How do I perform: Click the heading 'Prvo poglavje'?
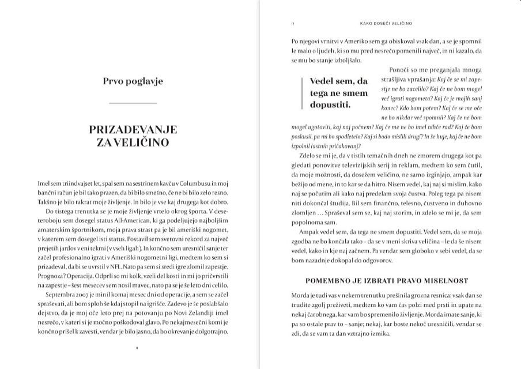click(133, 81)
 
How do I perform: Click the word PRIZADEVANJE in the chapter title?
click(133, 130)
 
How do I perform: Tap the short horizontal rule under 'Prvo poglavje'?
click(133, 103)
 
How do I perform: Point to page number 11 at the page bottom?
click(133, 348)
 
